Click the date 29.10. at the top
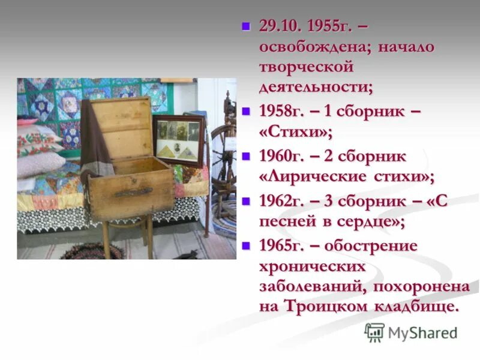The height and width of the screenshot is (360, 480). pyautogui.click(x=281, y=26)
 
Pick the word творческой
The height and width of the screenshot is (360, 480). pyautogui.click(x=306, y=68)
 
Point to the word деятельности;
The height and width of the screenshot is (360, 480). pyautogui.click(x=316, y=88)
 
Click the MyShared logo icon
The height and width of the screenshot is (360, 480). pyautogui.click(x=374, y=332)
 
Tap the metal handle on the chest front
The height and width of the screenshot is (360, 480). pyautogui.click(x=133, y=193)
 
